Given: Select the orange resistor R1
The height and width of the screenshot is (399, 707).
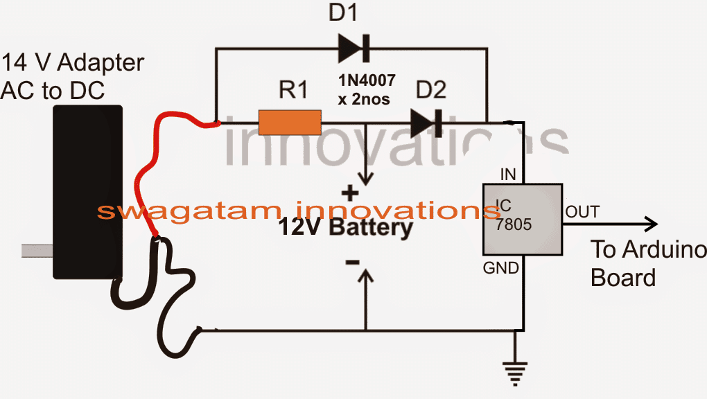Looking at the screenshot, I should tap(290, 123).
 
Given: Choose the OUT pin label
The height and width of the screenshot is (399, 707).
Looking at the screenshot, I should tap(582, 211).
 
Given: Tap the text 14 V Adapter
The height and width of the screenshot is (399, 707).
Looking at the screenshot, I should tap(72, 63).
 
